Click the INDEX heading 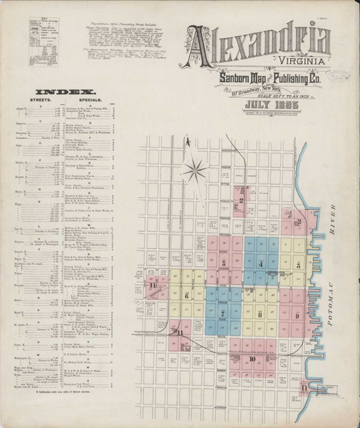pos(66,91)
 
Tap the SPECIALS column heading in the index pos(101,101)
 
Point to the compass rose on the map pos(194,171)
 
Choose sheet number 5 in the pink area pos(224,263)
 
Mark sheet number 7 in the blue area pos(223,313)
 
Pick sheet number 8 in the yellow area pos(260,314)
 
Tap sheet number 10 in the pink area pos(252,359)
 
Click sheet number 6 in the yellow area pos(187,295)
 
